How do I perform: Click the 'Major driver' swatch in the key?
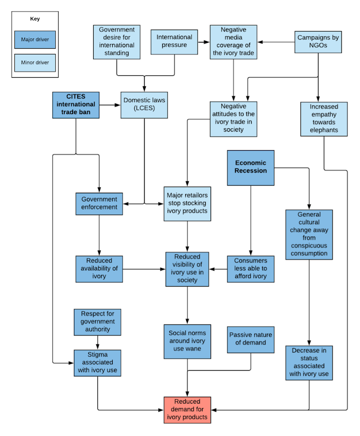[35, 40]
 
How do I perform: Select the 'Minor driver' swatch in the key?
[35, 62]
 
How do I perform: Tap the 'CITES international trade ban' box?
[76, 105]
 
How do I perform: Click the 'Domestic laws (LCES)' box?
[144, 105]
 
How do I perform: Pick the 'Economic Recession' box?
[251, 167]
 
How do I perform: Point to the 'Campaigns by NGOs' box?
[318, 42]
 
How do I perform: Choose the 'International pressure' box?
[174, 42]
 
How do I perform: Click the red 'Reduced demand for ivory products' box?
[187, 410]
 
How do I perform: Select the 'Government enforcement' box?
[99, 203]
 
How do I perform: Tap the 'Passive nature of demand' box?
[251, 339]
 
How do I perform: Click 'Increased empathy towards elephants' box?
[324, 119]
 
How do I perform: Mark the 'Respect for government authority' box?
[98, 322]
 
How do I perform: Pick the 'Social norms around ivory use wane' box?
[187, 341]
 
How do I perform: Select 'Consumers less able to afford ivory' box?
[251, 269]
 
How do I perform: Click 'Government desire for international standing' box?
[117, 42]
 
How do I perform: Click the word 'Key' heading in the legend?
[35, 19]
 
